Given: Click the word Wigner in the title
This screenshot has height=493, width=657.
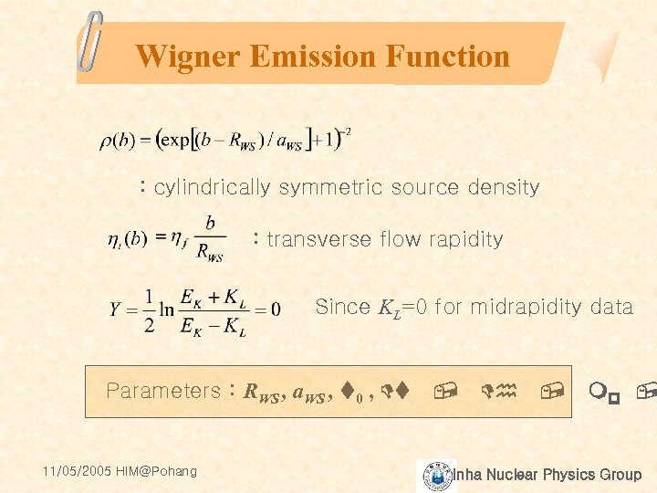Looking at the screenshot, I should [x=187, y=57].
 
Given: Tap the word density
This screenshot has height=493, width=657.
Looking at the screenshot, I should [x=503, y=188].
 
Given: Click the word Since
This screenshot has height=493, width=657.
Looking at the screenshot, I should [x=343, y=307].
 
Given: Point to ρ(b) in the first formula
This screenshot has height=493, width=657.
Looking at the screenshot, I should [x=118, y=142].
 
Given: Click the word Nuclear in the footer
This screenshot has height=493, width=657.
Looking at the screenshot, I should [x=512, y=475].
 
